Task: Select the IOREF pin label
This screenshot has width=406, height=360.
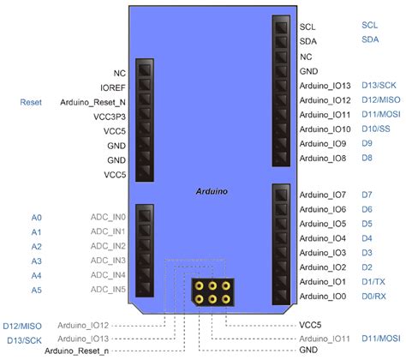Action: point(113,87)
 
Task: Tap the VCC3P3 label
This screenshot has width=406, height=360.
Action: point(110,117)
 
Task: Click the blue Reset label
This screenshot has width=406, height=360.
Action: point(32,102)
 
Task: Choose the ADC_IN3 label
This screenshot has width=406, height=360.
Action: point(108,261)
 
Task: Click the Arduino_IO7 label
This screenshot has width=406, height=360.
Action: point(323,195)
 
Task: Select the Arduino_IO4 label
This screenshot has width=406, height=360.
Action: point(323,238)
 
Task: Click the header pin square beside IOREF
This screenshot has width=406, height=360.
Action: point(144,87)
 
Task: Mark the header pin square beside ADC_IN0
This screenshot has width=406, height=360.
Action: point(144,218)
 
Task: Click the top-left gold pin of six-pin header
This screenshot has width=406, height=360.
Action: point(198,285)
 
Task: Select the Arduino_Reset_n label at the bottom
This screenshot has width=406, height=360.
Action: point(76,351)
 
